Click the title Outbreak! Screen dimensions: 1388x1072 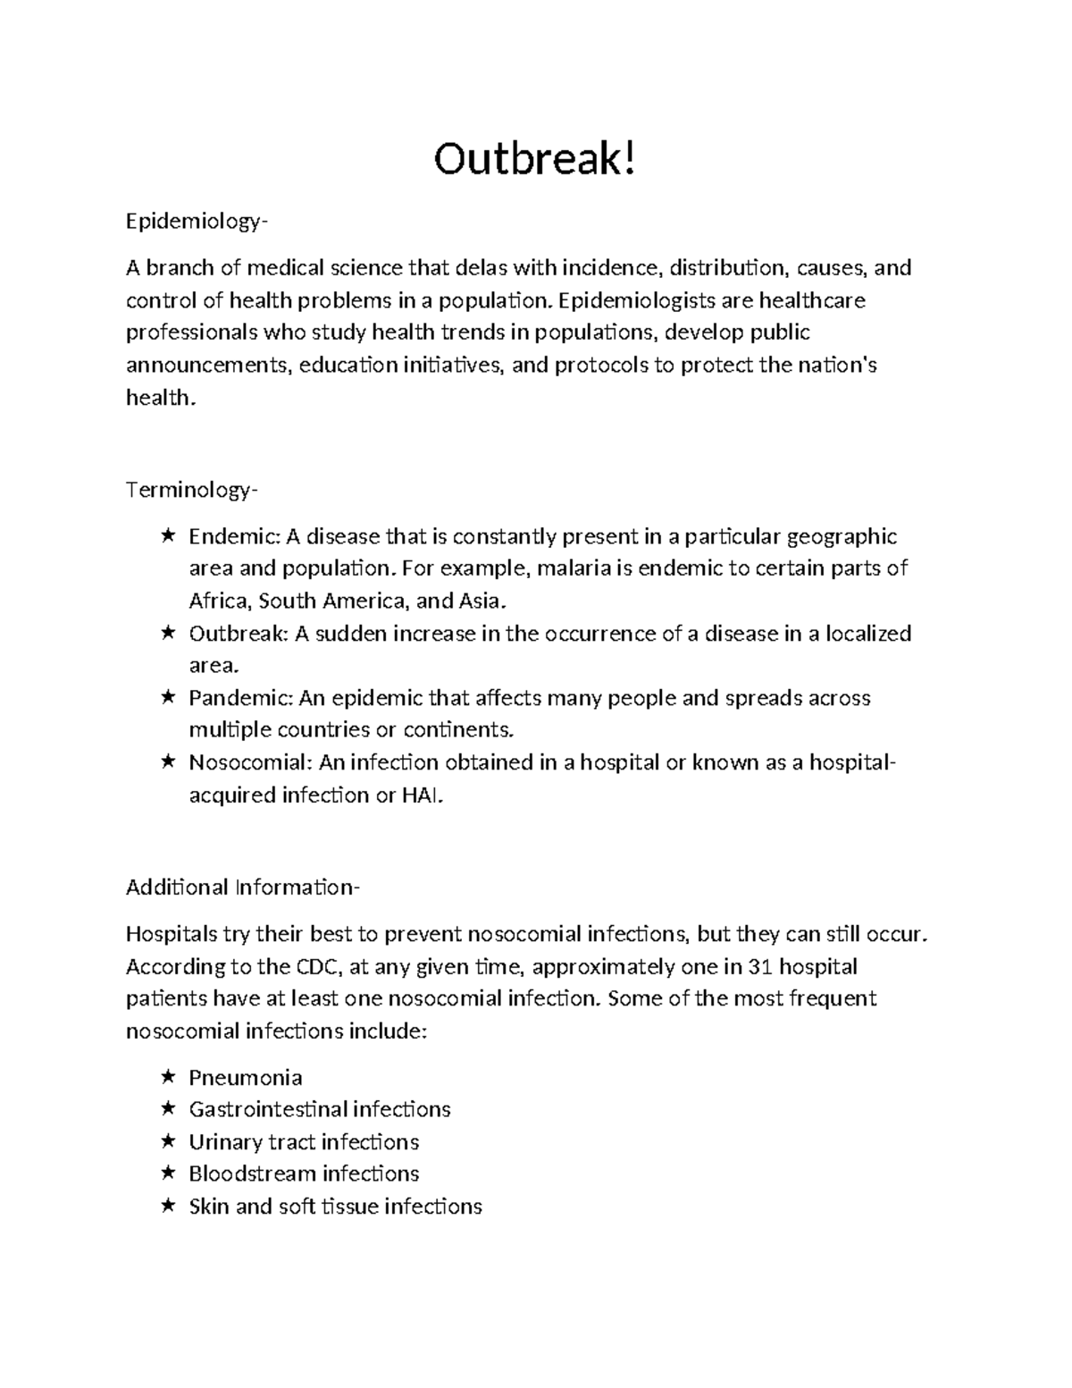[536, 161]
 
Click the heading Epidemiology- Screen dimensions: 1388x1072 [196, 222]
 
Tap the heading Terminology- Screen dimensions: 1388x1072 [192, 490]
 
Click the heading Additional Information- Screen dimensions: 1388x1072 [243, 887]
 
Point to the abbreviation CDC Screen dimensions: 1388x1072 [317, 967]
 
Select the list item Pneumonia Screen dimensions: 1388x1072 [246, 1078]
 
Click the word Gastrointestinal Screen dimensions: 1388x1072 [268, 1109]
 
